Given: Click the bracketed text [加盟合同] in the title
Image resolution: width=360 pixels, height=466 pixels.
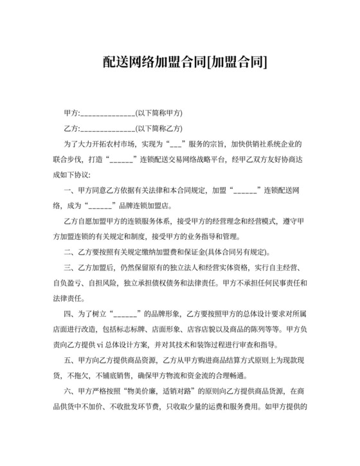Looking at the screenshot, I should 237,62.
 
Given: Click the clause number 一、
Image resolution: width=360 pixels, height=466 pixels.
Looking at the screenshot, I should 71,190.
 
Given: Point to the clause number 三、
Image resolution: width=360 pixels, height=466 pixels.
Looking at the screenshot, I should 71,267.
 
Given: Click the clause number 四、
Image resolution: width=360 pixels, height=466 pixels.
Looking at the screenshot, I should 71,314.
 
